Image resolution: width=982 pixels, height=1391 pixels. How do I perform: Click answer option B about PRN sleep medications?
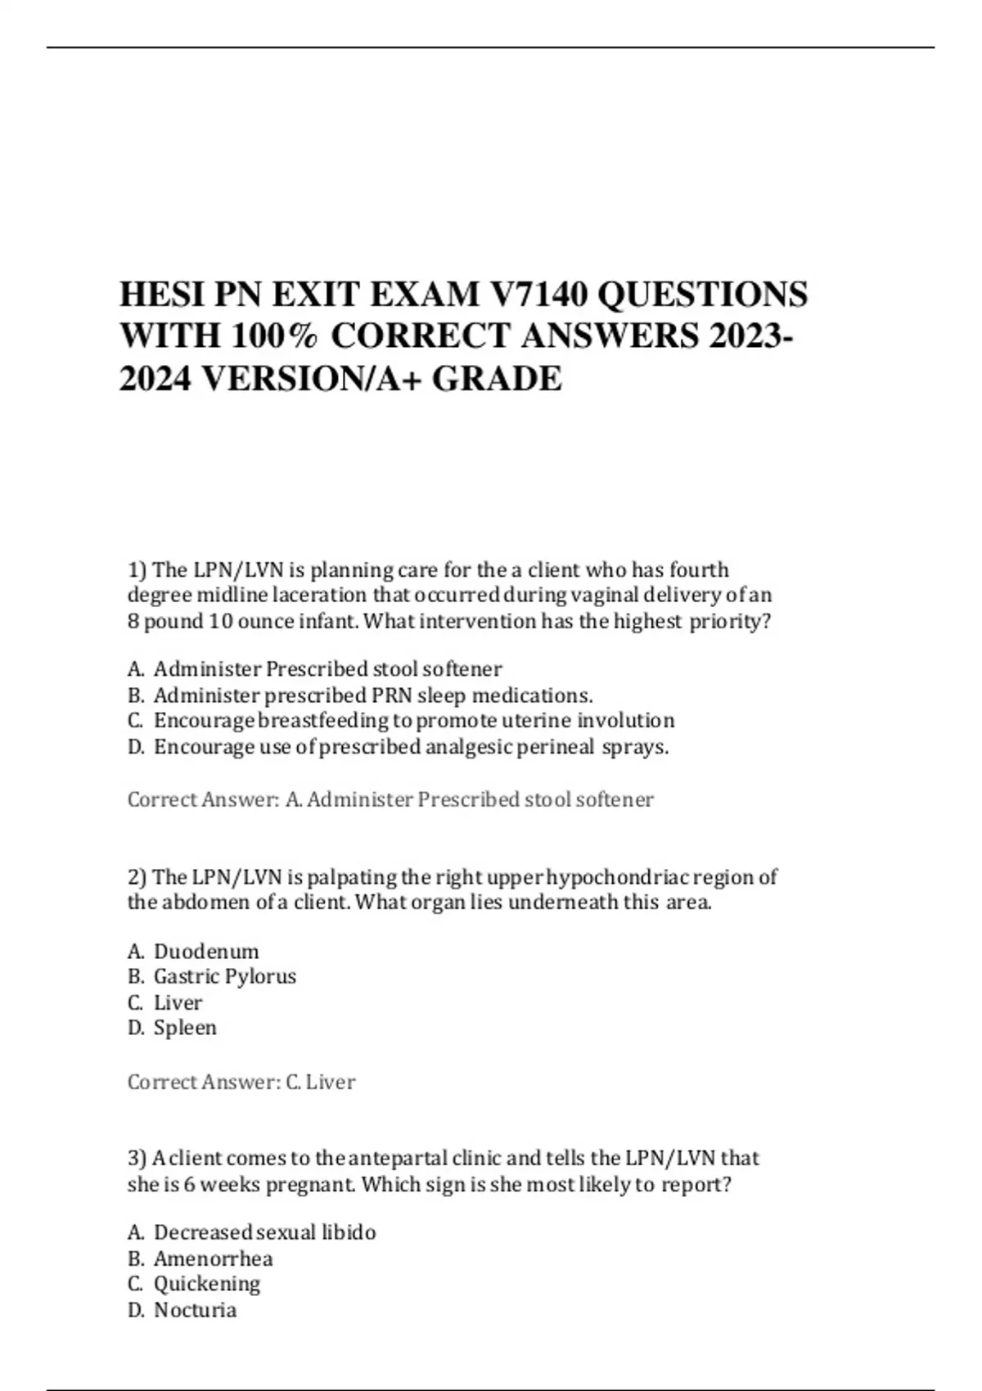[x=372, y=695]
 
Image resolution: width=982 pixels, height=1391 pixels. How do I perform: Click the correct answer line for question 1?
[x=390, y=799]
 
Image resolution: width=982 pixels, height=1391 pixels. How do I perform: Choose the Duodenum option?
[x=205, y=952]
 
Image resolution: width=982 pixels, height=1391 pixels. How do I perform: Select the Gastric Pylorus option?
[x=224, y=976]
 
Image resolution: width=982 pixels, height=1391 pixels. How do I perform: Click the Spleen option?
[x=185, y=1028]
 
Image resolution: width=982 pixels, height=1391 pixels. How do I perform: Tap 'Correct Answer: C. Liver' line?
[x=241, y=1082]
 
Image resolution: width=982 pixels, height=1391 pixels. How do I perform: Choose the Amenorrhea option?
[x=213, y=1258]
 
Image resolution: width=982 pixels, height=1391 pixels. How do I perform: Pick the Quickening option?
[x=206, y=1284]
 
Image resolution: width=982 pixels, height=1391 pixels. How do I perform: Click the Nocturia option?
[x=195, y=1310]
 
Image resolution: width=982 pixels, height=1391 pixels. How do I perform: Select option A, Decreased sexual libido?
[x=264, y=1232]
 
